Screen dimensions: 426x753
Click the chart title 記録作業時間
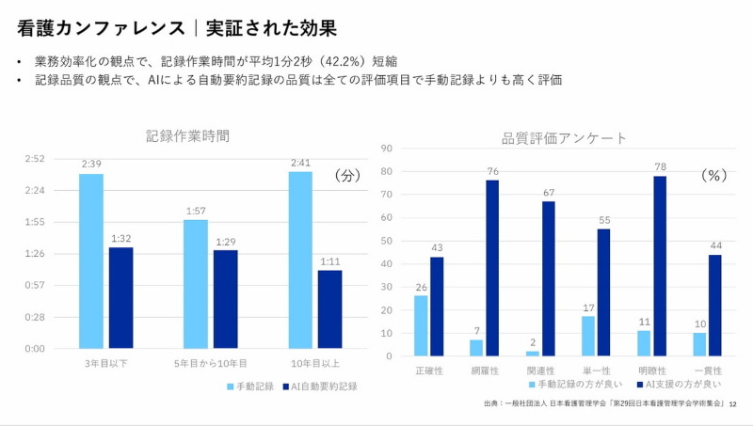[187, 135]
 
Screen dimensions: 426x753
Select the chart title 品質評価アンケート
[564, 138]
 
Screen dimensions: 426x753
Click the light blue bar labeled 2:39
[91, 260]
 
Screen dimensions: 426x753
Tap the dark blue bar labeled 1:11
[329, 309]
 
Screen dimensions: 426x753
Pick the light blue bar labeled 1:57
[196, 284]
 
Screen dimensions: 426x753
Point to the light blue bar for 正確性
[421, 325]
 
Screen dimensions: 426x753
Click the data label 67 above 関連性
[548, 193]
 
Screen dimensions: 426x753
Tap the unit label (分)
[348, 176]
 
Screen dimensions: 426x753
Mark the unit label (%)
[716, 176]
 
